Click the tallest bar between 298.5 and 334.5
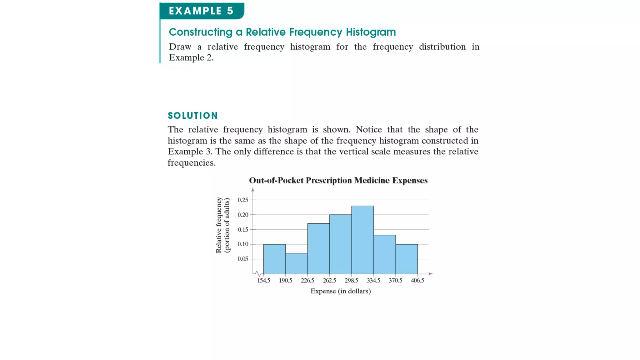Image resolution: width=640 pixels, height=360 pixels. point(362,240)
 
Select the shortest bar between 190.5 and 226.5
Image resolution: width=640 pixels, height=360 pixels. point(297,263)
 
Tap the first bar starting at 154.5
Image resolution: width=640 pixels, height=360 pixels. point(274,259)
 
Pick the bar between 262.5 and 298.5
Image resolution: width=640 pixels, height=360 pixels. point(341,244)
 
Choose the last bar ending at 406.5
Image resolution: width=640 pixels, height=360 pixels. point(407,259)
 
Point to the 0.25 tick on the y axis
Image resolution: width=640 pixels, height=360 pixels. point(243,200)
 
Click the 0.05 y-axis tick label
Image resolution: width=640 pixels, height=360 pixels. point(243,259)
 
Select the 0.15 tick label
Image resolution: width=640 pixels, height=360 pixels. point(243,230)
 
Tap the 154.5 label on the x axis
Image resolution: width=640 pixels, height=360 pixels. point(263,281)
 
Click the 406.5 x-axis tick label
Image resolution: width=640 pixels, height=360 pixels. point(417,281)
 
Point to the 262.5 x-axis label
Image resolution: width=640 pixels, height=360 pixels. point(329,281)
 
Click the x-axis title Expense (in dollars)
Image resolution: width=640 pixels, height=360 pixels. point(341,291)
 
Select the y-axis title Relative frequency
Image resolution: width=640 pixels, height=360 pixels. point(219,225)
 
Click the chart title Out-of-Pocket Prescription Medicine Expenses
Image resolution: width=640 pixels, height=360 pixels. point(338,181)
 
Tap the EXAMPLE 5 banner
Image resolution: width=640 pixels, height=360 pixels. point(201,11)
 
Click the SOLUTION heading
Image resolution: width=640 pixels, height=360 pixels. point(193,116)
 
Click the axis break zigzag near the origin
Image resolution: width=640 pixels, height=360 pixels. point(258,273)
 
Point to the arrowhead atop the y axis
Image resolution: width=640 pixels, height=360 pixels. point(253,190)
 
